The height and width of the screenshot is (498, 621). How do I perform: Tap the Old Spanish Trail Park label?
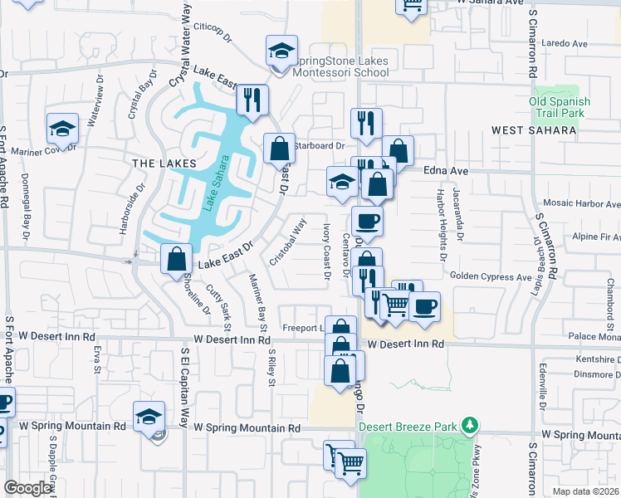click(560, 107)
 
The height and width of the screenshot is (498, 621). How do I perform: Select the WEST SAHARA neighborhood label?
click(534, 130)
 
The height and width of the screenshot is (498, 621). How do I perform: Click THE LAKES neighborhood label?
click(164, 164)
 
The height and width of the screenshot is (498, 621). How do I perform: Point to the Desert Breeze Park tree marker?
click(470, 426)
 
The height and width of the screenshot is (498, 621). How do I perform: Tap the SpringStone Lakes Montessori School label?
click(341, 66)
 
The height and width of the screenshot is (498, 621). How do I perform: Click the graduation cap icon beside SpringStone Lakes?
click(281, 51)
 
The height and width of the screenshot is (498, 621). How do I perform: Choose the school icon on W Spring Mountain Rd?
click(149, 415)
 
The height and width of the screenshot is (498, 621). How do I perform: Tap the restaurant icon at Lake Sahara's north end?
click(252, 100)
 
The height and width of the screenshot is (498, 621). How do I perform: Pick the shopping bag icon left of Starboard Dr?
click(279, 149)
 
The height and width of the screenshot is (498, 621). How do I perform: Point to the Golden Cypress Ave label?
click(491, 276)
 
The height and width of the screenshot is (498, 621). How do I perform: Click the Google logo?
click(28, 488)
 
